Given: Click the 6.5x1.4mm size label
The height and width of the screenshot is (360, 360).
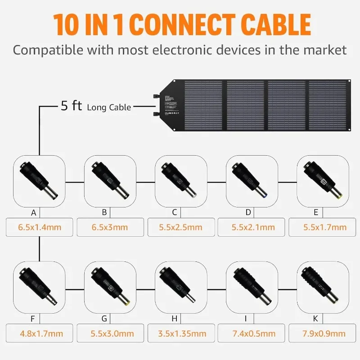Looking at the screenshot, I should click(x=40, y=227).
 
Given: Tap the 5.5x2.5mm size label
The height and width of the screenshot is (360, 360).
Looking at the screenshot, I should click(x=180, y=227).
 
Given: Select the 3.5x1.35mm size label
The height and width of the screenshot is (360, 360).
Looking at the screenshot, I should click(x=180, y=333).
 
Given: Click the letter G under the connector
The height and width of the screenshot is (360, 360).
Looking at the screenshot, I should click(x=104, y=319).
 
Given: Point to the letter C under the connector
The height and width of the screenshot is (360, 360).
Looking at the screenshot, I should click(x=174, y=212).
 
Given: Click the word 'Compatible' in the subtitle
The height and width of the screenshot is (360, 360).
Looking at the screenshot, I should click(x=48, y=49).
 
